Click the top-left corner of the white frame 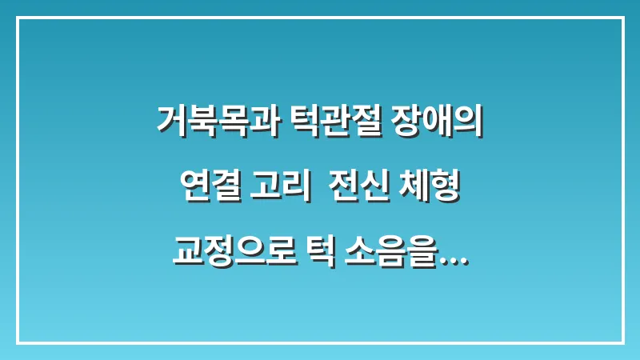point(18,18)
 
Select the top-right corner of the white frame point(622,18)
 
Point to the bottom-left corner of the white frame point(18,342)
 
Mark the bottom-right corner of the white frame point(622,342)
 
